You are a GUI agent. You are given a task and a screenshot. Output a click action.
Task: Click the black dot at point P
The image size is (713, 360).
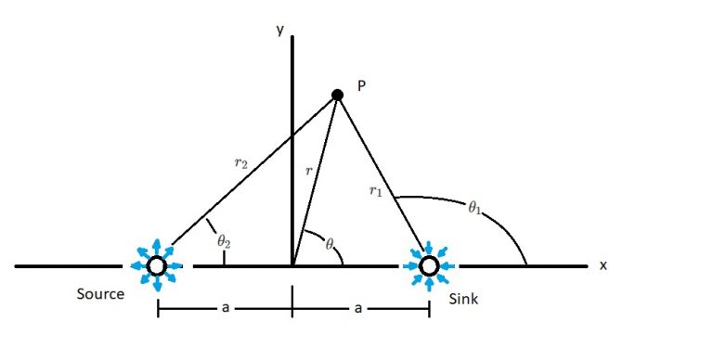click(338, 94)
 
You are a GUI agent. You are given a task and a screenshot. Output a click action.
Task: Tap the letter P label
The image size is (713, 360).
click(362, 85)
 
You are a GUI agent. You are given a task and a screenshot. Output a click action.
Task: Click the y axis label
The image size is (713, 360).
click(279, 31)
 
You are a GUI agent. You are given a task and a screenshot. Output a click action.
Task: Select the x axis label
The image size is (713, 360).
click(603, 265)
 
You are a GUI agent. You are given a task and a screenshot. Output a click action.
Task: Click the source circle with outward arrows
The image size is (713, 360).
click(157, 266)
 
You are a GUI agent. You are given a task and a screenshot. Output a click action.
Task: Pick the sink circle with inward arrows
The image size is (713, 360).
click(429, 266)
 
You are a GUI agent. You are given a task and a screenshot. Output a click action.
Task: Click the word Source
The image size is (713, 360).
click(101, 294)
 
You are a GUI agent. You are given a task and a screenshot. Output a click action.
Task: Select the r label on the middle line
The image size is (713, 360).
click(308, 172)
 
